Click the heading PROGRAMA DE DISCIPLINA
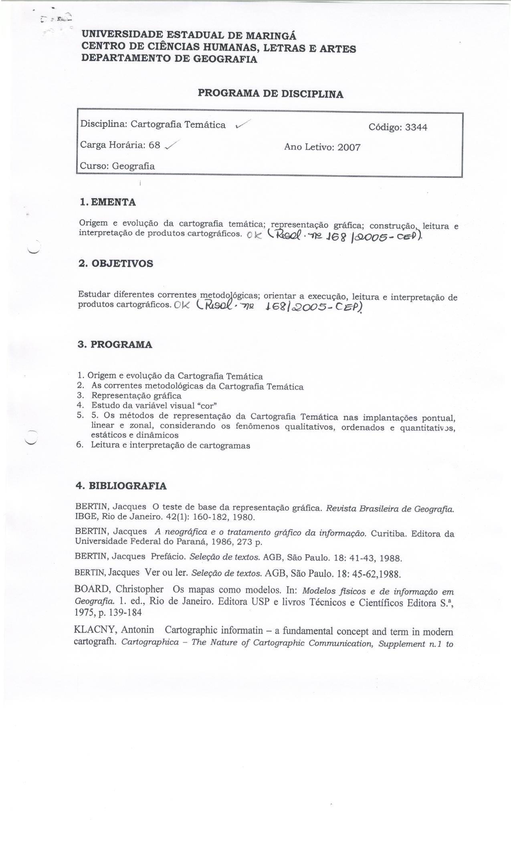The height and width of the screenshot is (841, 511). coord(271,94)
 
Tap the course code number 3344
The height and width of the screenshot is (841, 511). coord(416,127)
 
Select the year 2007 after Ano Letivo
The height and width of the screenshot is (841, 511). coord(349,147)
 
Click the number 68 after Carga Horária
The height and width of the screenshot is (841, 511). coord(154,145)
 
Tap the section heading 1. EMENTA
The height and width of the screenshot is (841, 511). coord(108,202)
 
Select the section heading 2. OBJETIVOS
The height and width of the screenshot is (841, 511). coord(116,264)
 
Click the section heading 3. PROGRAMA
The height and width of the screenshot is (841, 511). coord(115,345)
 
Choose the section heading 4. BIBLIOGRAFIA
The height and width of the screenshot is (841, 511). coord(121,486)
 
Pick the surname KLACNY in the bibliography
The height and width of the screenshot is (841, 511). coord(95,630)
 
